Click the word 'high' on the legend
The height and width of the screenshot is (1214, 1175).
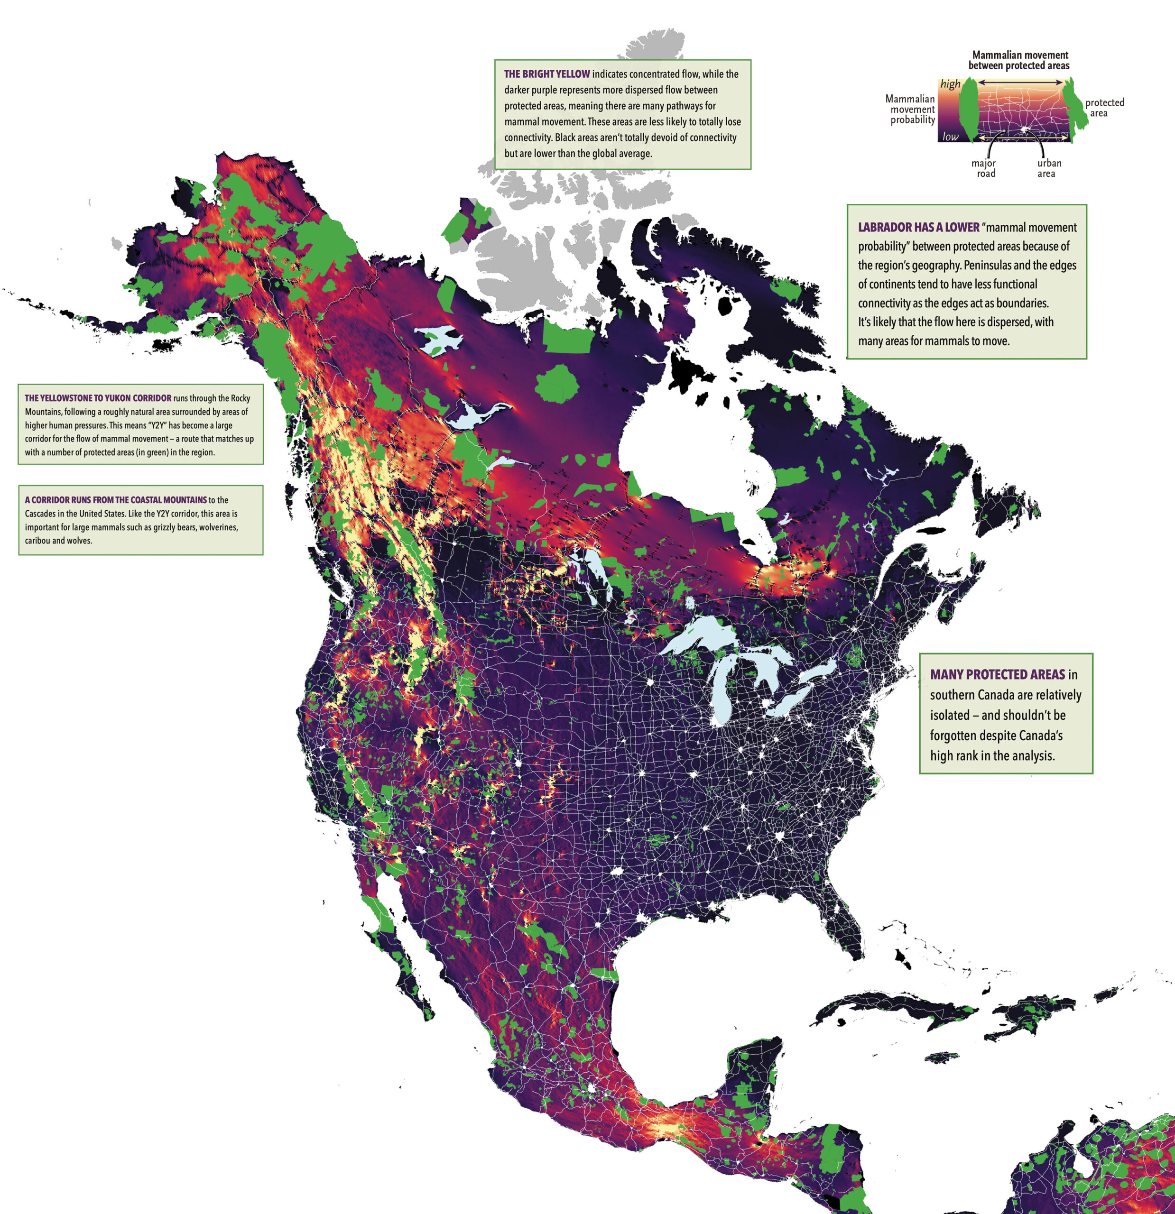coord(950,83)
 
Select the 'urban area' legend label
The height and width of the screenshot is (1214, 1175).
coord(1049,168)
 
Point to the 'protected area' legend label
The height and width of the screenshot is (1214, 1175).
coord(1104,108)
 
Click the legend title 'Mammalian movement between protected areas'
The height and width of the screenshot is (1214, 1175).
coord(1019,60)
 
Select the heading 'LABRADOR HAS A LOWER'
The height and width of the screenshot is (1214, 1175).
coord(918,227)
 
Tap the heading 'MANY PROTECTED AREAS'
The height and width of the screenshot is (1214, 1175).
coord(997,674)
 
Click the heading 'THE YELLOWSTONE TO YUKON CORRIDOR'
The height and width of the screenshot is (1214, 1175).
coord(98,398)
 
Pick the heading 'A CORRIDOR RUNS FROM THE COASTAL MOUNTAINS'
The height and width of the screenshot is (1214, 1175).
coord(116,500)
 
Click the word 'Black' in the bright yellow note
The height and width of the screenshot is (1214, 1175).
coord(567,138)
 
